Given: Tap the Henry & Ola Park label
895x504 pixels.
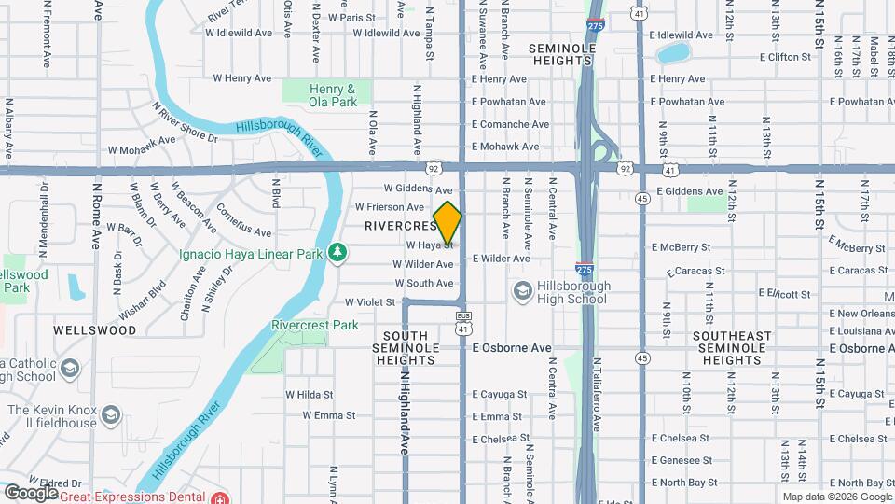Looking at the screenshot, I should click(x=333, y=94).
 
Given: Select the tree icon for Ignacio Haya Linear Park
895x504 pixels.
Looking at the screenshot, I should click(x=337, y=253).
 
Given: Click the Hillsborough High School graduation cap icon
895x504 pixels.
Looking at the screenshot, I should click(x=522, y=292).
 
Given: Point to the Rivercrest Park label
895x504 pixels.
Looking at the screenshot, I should click(x=315, y=326).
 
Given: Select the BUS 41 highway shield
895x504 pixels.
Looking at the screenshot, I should click(x=463, y=323).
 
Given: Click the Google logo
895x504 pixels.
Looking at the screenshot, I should click(x=31, y=492).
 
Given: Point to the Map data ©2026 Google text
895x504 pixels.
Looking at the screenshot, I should click(x=836, y=497).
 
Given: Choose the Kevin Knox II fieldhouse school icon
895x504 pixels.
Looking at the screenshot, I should click(x=111, y=413).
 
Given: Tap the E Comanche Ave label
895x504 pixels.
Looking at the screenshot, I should click(x=510, y=124).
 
